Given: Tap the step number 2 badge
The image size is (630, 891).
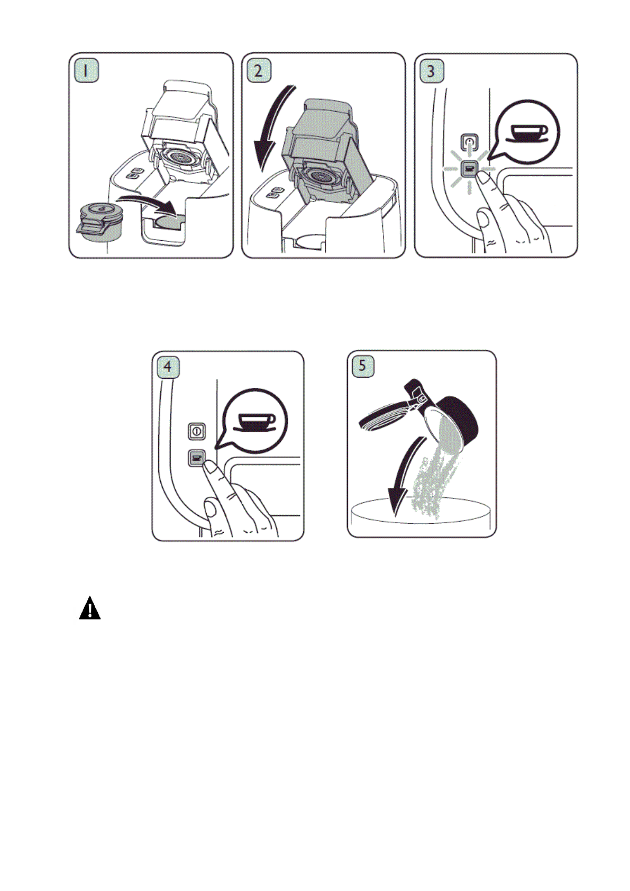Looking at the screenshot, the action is click(259, 71).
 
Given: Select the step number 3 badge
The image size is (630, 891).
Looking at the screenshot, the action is click(431, 71).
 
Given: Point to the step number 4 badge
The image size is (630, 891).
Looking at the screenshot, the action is click(168, 367).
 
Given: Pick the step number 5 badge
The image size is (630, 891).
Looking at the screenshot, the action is click(363, 366).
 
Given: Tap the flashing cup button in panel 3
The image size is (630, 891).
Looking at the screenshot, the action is click(469, 169).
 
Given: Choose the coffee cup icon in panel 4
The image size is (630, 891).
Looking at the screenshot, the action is click(256, 421).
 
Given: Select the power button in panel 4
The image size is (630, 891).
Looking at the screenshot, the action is click(196, 431).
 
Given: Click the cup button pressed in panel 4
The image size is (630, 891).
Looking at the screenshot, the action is click(196, 458).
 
